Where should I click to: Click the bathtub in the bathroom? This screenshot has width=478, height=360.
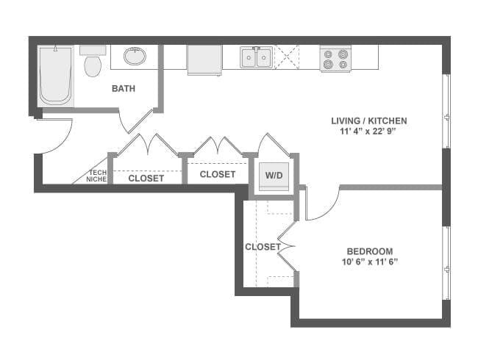(57, 76)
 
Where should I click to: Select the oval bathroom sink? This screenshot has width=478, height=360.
(135, 56)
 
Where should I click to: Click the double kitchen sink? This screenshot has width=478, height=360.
(257, 57)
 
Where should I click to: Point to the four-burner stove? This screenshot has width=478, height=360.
(335, 59)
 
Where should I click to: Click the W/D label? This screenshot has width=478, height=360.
(274, 176)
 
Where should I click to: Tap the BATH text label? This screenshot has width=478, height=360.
(124, 89)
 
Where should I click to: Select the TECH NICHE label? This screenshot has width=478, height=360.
(96, 176)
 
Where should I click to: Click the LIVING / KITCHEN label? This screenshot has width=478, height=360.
(369, 120)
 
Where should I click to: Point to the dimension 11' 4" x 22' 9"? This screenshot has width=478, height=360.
(369, 133)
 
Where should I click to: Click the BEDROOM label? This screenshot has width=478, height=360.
(369, 251)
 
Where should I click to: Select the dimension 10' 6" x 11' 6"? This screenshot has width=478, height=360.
(369, 263)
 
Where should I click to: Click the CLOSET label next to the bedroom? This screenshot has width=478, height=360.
(262, 247)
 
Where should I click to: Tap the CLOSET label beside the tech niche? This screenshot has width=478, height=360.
(146, 178)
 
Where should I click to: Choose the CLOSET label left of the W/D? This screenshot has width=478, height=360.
(218, 174)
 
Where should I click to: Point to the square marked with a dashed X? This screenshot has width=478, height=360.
(287, 57)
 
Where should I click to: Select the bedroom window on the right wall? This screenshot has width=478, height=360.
(445, 263)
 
